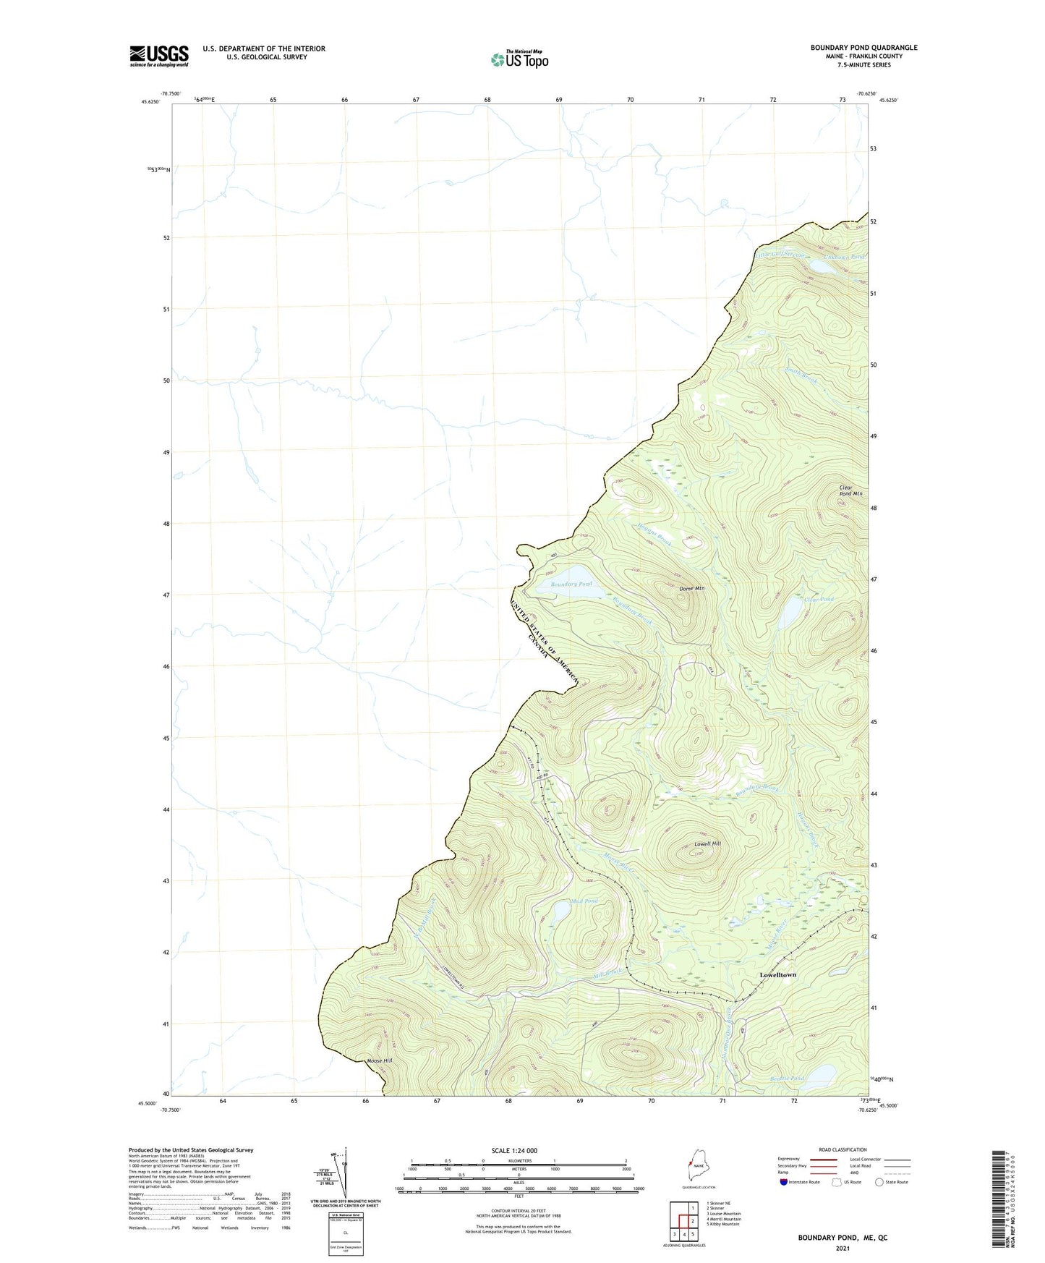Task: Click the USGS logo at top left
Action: (159, 56)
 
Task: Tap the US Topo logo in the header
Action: (519, 59)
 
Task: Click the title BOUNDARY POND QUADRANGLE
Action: (863, 48)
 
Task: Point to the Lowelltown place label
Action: (777, 975)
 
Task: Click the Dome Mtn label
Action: (691, 589)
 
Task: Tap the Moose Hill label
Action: (379, 1060)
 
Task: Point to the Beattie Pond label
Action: (786, 1079)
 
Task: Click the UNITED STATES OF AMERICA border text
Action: (547, 636)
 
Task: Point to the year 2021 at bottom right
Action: (842, 1248)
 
